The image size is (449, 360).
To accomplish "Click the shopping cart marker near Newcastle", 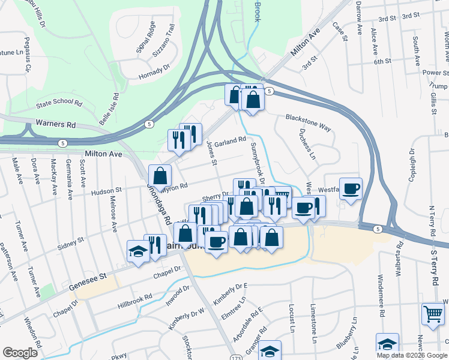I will click(x=433, y=313).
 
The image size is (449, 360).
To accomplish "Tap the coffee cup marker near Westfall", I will click(x=351, y=188).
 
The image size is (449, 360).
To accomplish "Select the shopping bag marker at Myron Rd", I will click(x=160, y=176).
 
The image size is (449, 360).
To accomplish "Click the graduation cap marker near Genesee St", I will click(x=138, y=251).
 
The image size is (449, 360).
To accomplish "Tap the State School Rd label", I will click(x=58, y=103).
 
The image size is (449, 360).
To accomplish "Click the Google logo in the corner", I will click(x=20, y=353).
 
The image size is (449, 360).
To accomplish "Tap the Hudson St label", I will click(x=106, y=192).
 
